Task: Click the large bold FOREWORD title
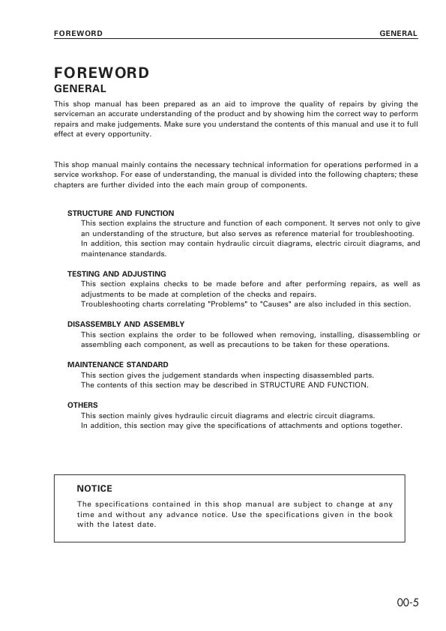101,73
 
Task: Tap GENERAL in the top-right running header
399,34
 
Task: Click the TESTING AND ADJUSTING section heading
117,274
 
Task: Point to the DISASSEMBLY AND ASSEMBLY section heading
126,324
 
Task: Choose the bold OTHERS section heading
82,405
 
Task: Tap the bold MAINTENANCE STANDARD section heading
117,364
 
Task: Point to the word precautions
276,344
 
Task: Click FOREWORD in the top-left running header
78,34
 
